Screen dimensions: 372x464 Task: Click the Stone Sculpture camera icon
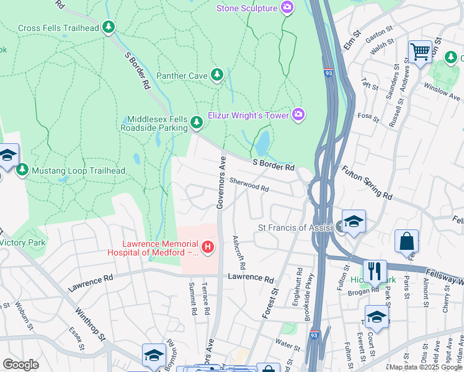click(x=287, y=8)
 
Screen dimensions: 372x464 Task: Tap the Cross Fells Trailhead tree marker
click(x=109, y=27)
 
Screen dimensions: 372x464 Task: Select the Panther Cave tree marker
click(x=216, y=76)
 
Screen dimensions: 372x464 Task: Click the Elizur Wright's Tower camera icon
click(x=298, y=114)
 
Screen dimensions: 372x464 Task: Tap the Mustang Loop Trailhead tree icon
click(x=22, y=169)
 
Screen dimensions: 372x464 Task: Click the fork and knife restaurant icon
click(x=375, y=270)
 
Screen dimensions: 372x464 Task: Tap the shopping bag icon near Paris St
click(x=406, y=241)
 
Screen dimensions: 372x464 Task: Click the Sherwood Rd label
click(x=249, y=184)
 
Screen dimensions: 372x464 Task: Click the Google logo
click(x=20, y=364)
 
